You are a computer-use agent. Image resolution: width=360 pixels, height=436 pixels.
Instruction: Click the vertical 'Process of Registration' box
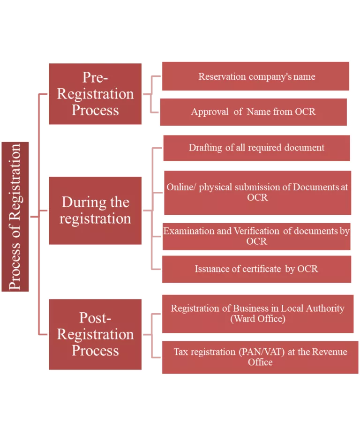coord(15,217)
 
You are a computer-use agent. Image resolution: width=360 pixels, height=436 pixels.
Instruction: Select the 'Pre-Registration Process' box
coord(95,94)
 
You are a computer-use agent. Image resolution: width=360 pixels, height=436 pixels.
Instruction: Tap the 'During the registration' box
coord(95,210)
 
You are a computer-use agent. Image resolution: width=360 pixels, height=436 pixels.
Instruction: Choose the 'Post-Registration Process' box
coord(95,334)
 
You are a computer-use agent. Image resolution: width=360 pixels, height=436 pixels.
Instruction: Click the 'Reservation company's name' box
coord(256,76)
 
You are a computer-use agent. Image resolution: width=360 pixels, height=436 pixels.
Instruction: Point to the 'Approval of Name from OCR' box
coord(254,112)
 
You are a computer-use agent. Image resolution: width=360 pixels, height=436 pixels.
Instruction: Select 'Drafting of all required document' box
coord(256,148)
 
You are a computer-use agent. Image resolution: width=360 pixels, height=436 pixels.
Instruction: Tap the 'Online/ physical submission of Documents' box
coord(257,192)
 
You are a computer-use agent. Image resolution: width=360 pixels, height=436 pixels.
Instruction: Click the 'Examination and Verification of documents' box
coord(256,236)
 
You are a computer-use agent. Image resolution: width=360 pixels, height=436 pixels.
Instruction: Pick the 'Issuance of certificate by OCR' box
coord(256,269)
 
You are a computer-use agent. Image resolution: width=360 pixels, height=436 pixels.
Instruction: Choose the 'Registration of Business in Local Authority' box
coord(257,314)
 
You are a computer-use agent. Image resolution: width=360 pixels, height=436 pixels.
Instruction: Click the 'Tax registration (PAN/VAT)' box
coord(260,357)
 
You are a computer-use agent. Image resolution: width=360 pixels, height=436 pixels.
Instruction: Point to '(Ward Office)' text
coord(257,319)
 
